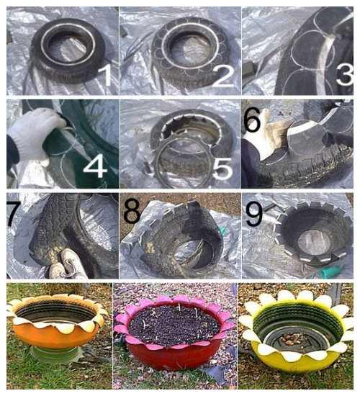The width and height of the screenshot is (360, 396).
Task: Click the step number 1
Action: pos(105,73)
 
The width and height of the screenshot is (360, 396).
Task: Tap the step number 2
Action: pos(223,74)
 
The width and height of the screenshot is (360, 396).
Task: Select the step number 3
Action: pos(346,73)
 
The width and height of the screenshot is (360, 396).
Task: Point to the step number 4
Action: pos(95,165)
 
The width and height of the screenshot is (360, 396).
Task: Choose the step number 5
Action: pos(222,168)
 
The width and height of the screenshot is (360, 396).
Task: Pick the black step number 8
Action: pos(132,211)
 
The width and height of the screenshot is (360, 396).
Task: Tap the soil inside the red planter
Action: pos(174,325)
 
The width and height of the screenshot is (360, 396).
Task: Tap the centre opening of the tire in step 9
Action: pos(316,243)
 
